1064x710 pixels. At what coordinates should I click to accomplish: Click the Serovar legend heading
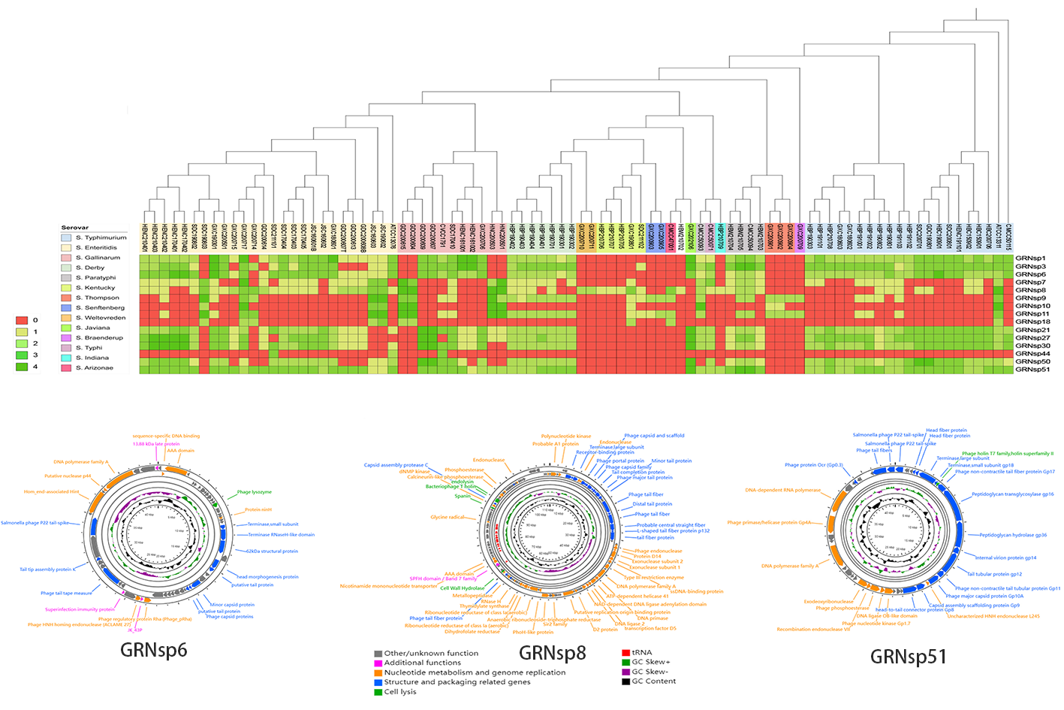(75, 227)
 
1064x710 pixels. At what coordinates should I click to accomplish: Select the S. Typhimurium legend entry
(101, 237)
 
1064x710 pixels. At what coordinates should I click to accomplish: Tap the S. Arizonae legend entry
(94, 367)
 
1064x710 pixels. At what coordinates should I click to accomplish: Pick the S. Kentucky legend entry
(95, 288)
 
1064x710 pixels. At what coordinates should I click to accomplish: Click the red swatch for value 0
(22, 320)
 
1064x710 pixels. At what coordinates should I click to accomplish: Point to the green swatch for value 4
(22, 367)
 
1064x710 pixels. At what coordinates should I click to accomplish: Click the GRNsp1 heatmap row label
(1030, 258)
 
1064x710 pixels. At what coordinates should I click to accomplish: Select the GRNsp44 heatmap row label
(1032, 354)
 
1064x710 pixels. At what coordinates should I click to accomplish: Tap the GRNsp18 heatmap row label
(1032, 322)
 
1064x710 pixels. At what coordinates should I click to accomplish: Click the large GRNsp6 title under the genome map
(153, 649)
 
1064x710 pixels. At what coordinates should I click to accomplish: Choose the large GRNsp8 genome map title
(552, 652)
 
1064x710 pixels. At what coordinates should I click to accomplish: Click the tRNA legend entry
(642, 652)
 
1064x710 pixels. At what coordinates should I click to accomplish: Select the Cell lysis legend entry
(399, 692)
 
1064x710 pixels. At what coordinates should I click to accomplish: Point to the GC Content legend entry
(653, 681)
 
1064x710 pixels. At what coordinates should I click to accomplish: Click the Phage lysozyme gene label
(255, 492)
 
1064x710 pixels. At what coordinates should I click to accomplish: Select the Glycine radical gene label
(448, 517)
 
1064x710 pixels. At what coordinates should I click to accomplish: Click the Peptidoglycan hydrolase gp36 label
(1013, 535)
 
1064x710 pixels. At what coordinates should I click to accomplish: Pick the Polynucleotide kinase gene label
(565, 436)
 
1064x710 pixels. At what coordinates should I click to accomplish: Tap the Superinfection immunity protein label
(80, 609)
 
